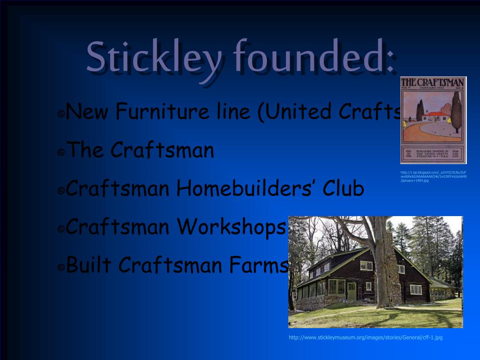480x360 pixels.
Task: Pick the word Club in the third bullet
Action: pos(344,188)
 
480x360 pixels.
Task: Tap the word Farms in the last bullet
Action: pos(258,265)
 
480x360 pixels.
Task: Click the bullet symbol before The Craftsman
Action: pos(61,153)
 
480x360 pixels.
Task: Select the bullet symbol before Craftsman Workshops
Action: pos(61,229)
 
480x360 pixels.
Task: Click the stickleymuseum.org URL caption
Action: pos(365,337)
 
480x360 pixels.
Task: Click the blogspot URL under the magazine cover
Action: pos(433,176)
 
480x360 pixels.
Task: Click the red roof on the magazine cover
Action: pos(436,114)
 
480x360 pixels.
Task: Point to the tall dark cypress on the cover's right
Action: pos(456,112)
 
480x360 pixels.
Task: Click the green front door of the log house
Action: pos(352,291)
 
